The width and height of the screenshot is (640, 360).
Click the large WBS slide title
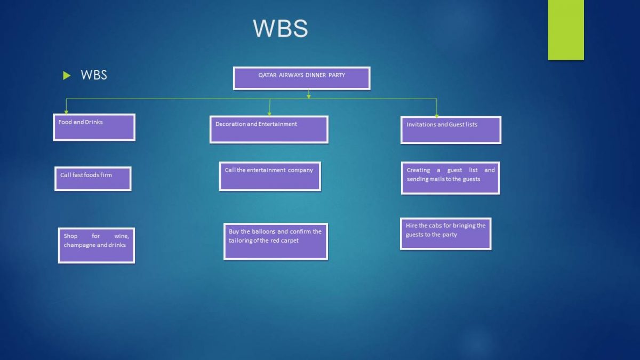coord(281,29)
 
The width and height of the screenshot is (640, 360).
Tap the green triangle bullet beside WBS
coord(67,75)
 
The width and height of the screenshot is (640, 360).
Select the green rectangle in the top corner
coord(566,29)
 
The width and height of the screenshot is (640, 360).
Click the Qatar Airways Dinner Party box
coord(301,78)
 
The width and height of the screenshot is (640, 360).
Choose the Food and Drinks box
coord(94,127)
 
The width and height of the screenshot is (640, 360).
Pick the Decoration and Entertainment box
coord(269,130)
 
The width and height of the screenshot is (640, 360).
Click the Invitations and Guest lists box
coord(451,130)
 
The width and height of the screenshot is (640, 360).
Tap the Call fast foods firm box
coord(93,179)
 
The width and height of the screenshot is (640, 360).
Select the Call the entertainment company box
coord(270,176)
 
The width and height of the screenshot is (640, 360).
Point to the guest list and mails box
coord(451,178)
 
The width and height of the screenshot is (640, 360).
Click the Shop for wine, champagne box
coord(97,245)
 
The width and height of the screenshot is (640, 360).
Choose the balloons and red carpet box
coord(276,242)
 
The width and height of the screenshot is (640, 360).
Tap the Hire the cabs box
coord(445,234)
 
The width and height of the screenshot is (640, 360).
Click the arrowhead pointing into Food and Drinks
coord(66,112)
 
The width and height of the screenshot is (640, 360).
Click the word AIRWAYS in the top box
coord(291,75)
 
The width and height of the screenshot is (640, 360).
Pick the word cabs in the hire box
coord(435,226)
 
